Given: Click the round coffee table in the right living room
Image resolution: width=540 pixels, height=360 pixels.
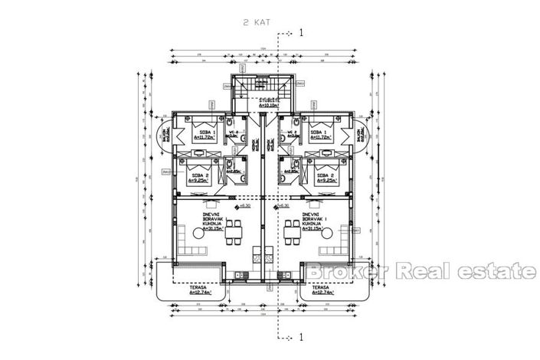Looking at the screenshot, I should pyautogui.click(x=328, y=247).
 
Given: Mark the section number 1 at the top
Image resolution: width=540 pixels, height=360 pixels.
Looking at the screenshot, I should pyautogui.click(x=302, y=32).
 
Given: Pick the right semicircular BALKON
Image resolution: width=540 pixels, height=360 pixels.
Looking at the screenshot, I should pyautogui.click(x=362, y=136).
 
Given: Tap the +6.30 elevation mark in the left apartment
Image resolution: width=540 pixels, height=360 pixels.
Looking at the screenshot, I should pyautogui.click(x=245, y=205).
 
